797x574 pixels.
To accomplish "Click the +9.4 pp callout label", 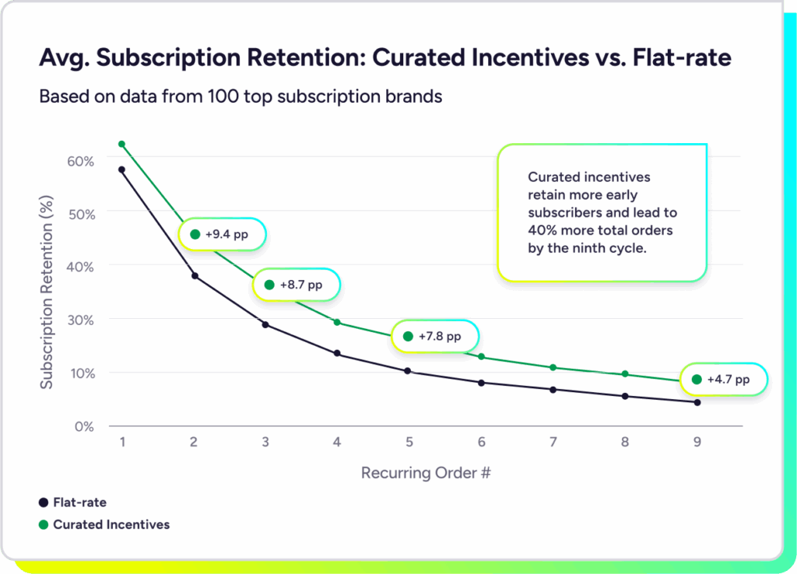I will point(223,234).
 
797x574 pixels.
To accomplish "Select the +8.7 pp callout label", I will point(297,285).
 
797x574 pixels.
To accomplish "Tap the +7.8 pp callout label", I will point(436,337).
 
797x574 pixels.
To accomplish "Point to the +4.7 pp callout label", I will point(724,380).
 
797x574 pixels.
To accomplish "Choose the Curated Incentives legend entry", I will point(104,524).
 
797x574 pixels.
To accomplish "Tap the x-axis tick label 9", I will point(697,442).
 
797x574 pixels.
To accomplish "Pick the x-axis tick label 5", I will point(409,442).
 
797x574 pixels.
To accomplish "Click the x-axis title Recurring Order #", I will point(426,473).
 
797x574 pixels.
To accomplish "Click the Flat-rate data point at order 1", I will point(121,170).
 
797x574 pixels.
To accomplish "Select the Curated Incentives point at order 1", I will point(121,144).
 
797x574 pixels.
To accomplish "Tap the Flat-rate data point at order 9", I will point(697,402).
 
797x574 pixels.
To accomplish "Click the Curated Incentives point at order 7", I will point(553,367).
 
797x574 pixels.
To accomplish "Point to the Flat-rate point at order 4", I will point(337,353).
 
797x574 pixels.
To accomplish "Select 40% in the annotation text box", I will point(542,231).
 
